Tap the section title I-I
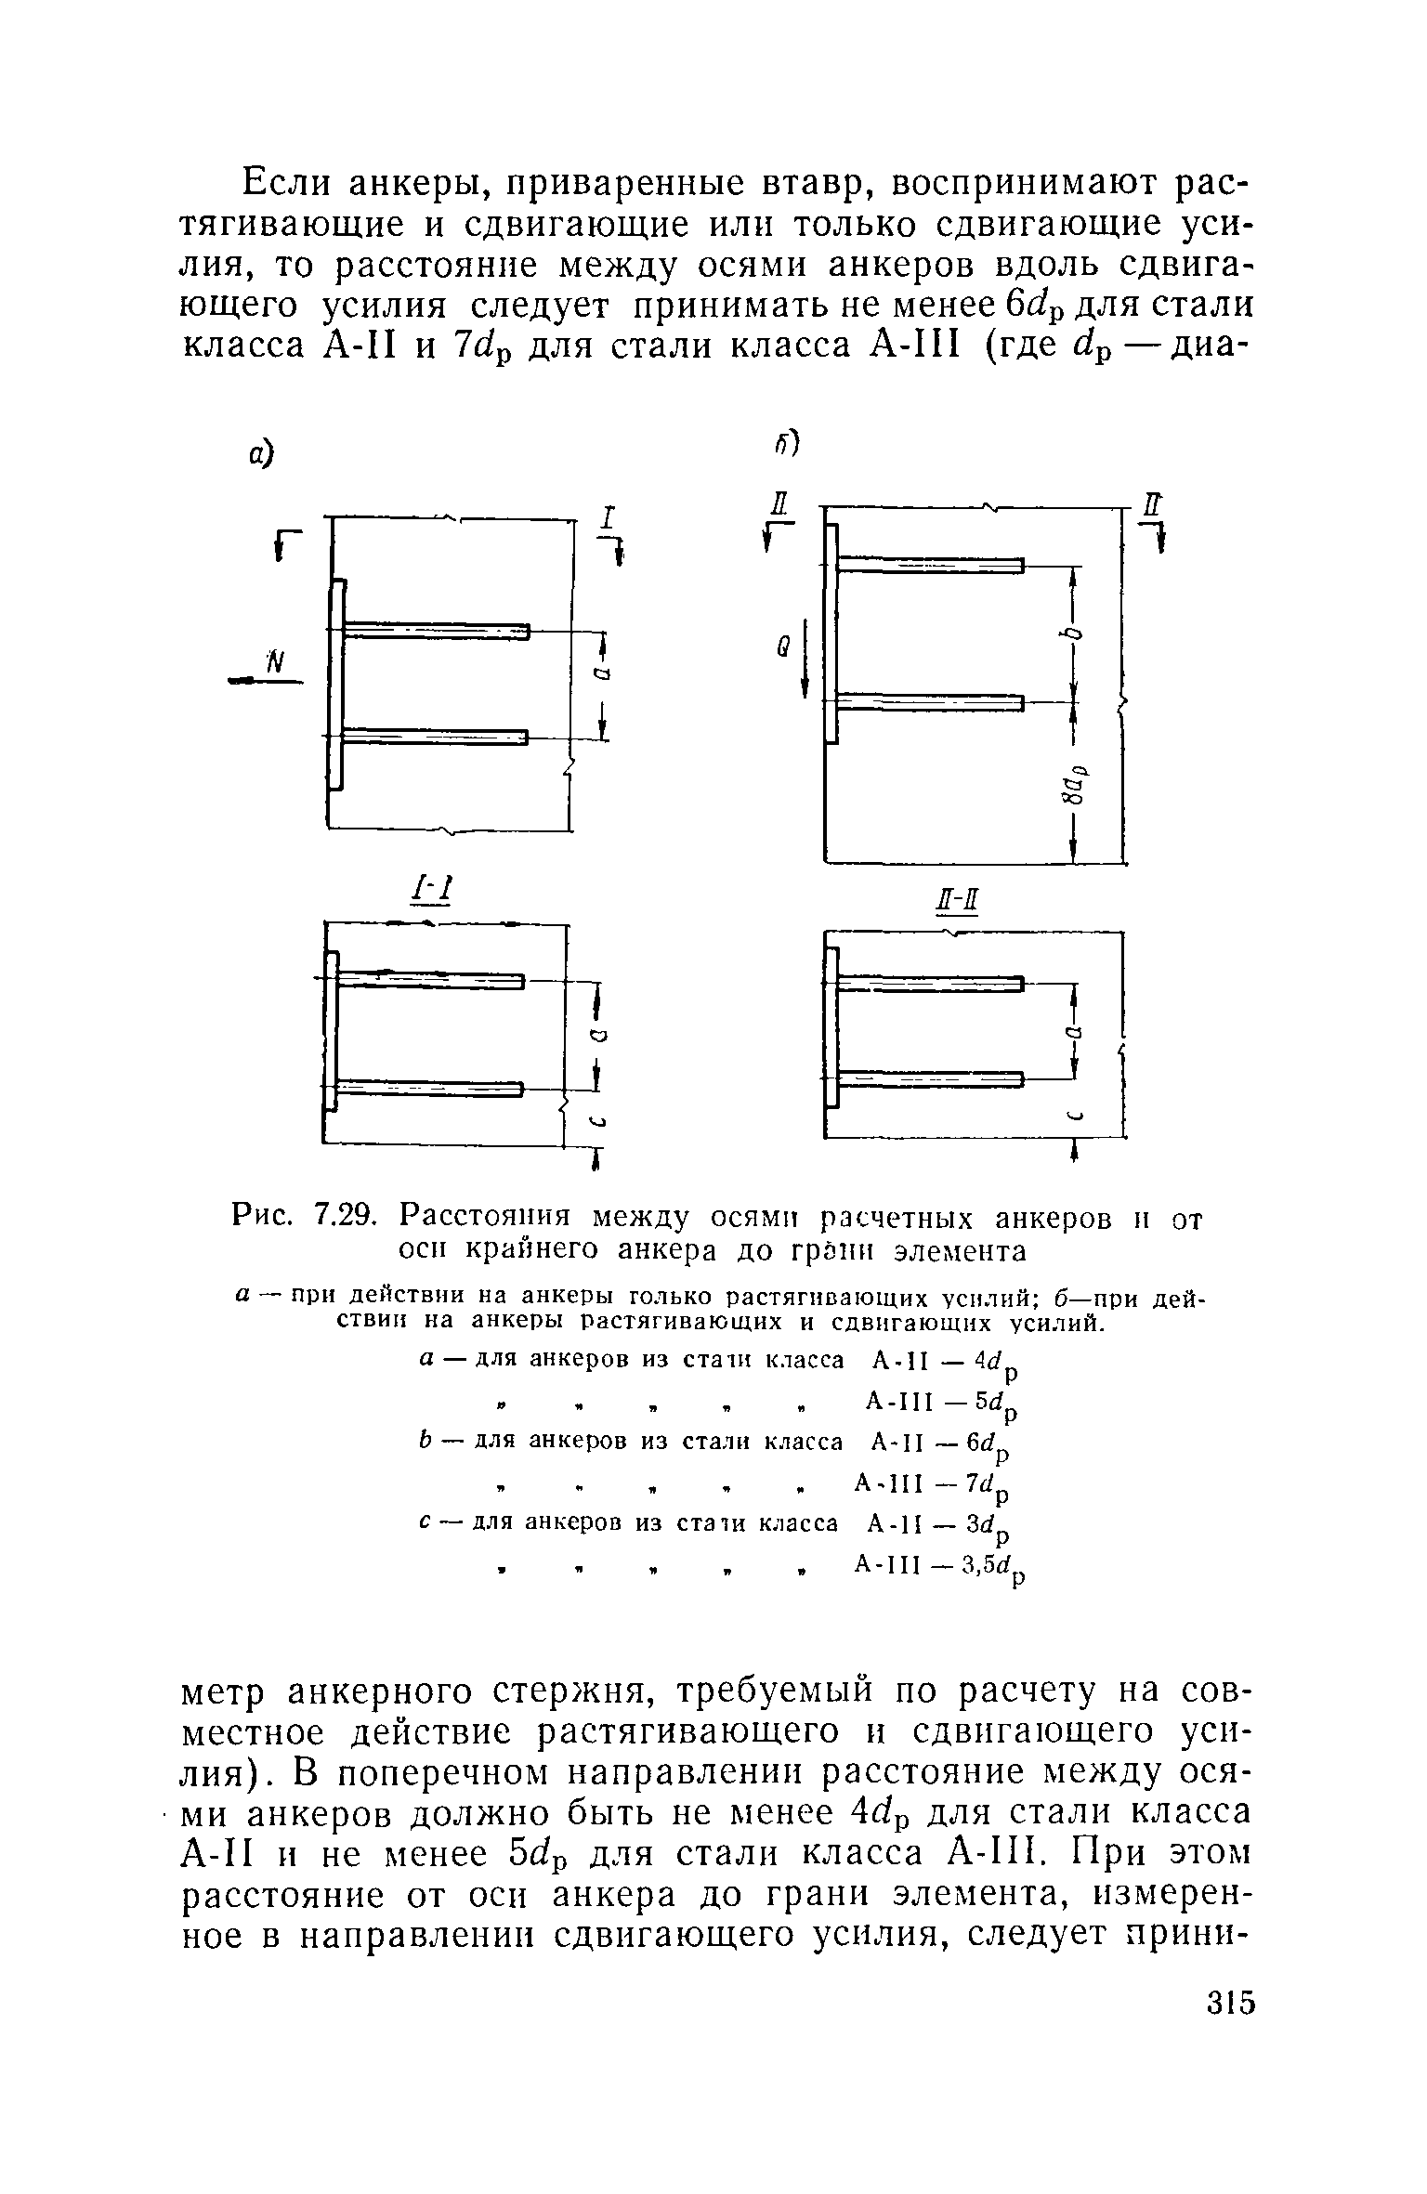coord(432,892)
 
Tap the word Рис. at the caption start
coord(261,1214)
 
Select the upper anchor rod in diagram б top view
coord(929,566)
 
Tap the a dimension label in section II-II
coord(1078,1032)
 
